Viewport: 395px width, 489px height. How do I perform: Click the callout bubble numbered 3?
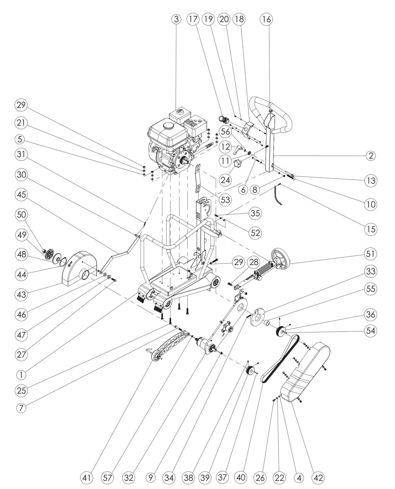click(x=177, y=19)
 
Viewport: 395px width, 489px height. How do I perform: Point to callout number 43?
click(x=21, y=295)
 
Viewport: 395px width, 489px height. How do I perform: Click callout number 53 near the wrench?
click(x=226, y=200)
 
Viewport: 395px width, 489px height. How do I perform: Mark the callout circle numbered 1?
click(x=21, y=375)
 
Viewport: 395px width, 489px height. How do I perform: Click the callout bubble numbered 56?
click(x=226, y=132)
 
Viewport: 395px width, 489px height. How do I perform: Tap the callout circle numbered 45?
click(x=21, y=195)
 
